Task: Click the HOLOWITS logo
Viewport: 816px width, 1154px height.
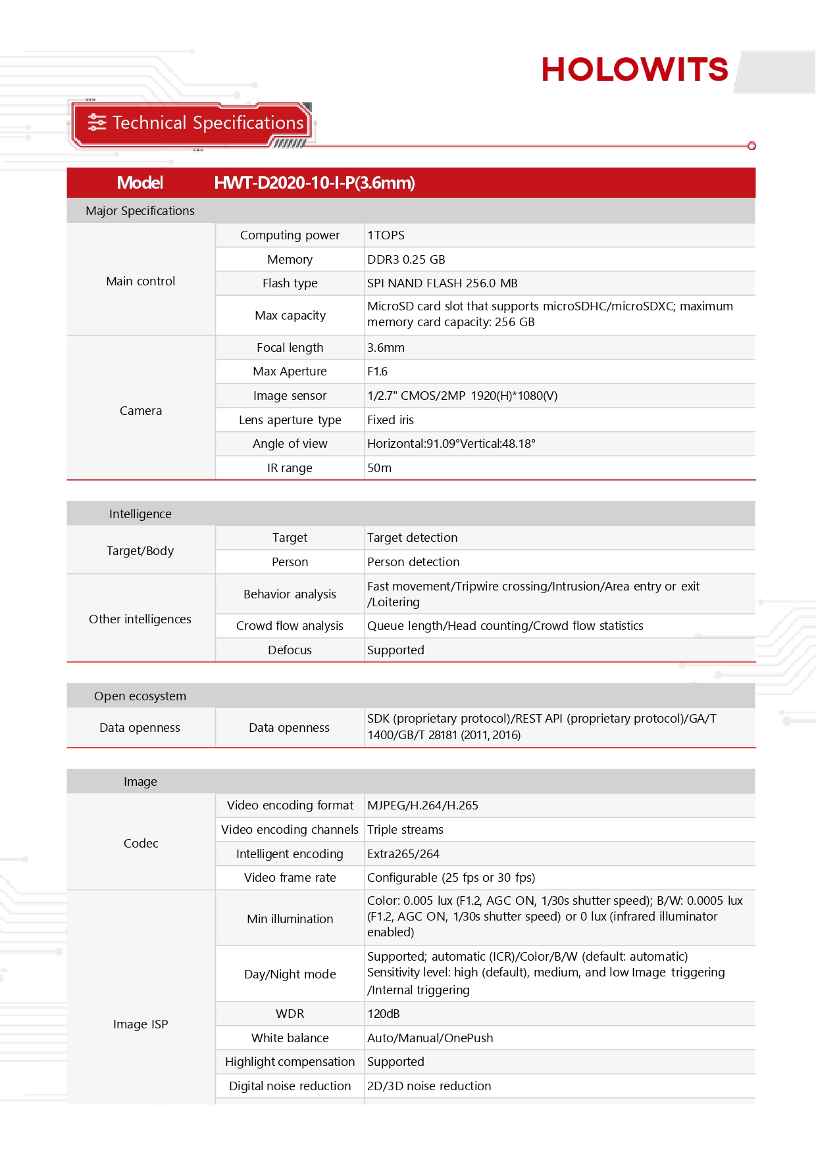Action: click(x=634, y=70)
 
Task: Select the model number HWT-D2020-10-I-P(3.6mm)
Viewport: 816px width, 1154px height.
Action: click(x=315, y=183)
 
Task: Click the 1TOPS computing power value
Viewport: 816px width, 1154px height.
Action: click(x=386, y=235)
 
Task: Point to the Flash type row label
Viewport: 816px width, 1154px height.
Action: click(x=290, y=283)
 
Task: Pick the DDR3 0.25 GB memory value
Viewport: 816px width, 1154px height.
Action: click(x=406, y=260)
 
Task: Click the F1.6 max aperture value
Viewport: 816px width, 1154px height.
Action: click(x=378, y=372)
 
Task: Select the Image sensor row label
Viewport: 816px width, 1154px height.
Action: click(x=290, y=396)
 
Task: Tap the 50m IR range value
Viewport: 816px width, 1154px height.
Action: click(x=380, y=468)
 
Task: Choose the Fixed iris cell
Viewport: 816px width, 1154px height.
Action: click(x=391, y=420)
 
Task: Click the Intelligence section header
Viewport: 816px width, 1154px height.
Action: click(x=140, y=514)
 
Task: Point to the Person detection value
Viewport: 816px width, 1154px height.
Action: click(x=413, y=562)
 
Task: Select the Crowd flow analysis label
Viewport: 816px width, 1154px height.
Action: click(x=290, y=626)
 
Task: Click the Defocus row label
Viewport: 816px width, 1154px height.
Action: click(x=290, y=650)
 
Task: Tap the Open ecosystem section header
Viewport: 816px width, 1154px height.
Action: click(x=140, y=696)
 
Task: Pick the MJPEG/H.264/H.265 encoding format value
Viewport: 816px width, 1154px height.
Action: click(x=422, y=805)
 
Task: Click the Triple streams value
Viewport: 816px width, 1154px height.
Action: click(x=405, y=830)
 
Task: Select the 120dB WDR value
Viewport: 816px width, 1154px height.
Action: click(x=384, y=1014)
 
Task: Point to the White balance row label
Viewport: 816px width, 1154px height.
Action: click(x=290, y=1038)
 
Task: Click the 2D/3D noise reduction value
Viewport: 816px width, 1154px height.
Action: click(x=429, y=1086)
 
